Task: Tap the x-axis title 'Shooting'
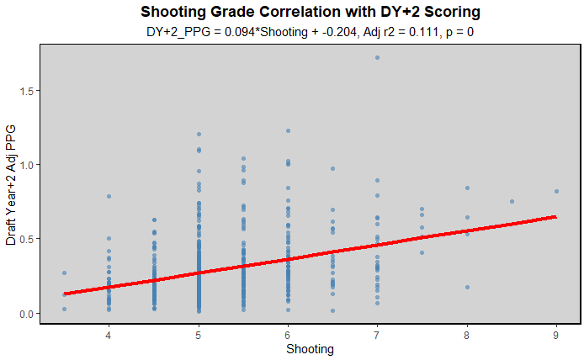pyautogui.click(x=310, y=349)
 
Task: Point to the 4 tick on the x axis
pyautogui.click(x=109, y=333)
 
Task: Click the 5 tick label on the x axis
pyautogui.click(x=199, y=333)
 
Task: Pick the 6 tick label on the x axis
pyautogui.click(x=288, y=333)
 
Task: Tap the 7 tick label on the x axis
pyautogui.click(x=377, y=333)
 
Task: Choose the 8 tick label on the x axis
pyautogui.click(x=467, y=333)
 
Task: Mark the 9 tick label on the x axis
pyautogui.click(x=556, y=333)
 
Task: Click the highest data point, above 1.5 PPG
pyautogui.click(x=377, y=57)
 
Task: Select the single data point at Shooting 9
pyautogui.click(x=556, y=191)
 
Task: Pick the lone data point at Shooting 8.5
pyautogui.click(x=512, y=201)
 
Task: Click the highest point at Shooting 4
pyautogui.click(x=109, y=196)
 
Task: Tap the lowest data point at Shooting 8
pyautogui.click(x=467, y=287)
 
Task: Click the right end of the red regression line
pyautogui.click(x=556, y=216)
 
